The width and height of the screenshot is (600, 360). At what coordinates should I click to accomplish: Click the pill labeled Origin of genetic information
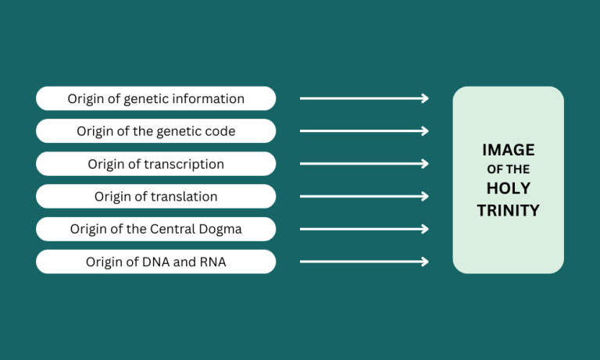coord(155,98)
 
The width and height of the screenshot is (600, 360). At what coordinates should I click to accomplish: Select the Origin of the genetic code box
coord(155,131)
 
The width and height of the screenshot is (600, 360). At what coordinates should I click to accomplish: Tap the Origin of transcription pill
coord(155,164)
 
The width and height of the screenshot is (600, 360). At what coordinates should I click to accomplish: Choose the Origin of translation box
coord(155,196)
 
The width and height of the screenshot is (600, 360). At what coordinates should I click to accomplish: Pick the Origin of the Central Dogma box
coord(155,229)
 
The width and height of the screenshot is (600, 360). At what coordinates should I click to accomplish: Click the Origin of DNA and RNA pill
coord(155,262)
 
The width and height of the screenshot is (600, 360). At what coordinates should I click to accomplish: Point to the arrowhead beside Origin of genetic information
coord(425,98)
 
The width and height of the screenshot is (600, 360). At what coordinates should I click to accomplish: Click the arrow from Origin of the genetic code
coord(364,131)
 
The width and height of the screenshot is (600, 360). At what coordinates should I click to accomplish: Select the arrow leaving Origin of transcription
coord(364,164)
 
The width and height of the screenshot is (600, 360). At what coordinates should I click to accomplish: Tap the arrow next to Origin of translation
coord(364,196)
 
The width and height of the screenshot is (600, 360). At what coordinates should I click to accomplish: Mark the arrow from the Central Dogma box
coord(364,229)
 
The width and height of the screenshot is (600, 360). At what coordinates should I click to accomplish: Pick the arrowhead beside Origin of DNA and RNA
coord(425,262)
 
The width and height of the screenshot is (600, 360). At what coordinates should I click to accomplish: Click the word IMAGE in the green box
coord(508,150)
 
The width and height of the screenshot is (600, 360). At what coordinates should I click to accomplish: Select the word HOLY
coord(508,188)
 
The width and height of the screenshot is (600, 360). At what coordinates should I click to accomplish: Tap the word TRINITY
coord(508,210)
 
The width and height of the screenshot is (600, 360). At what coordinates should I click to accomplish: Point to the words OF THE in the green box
coord(508,169)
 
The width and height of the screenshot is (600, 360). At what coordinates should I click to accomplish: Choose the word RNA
coord(212,262)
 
